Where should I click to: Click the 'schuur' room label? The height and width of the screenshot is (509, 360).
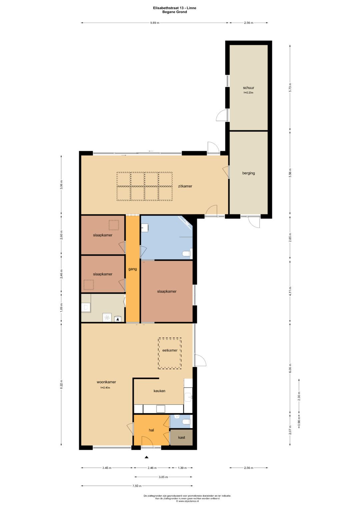click(248, 88)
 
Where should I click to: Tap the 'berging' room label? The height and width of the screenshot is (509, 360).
click(248, 173)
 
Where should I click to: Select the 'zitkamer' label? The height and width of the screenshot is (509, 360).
click(185, 186)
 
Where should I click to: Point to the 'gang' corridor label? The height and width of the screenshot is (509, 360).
click(132, 269)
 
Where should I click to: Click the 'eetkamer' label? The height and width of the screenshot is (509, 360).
click(170, 350)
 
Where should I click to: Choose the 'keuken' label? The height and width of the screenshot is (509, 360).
click(159, 391)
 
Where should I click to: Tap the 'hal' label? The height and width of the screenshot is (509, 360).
click(151, 430)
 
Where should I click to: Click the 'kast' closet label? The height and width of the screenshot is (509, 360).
click(181, 437)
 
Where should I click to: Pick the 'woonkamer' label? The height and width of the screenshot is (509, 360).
click(106, 382)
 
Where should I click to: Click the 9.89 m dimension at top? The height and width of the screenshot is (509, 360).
click(155, 23)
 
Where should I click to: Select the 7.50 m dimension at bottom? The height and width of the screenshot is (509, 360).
click(137, 486)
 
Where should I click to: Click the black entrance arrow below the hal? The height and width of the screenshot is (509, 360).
click(146, 457)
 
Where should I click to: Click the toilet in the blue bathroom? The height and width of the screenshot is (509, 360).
click(187, 254)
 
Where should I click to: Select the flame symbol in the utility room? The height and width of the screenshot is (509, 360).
click(117, 319)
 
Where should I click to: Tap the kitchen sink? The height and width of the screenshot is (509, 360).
click(188, 397)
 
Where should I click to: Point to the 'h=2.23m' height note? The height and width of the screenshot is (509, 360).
click(248, 93)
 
